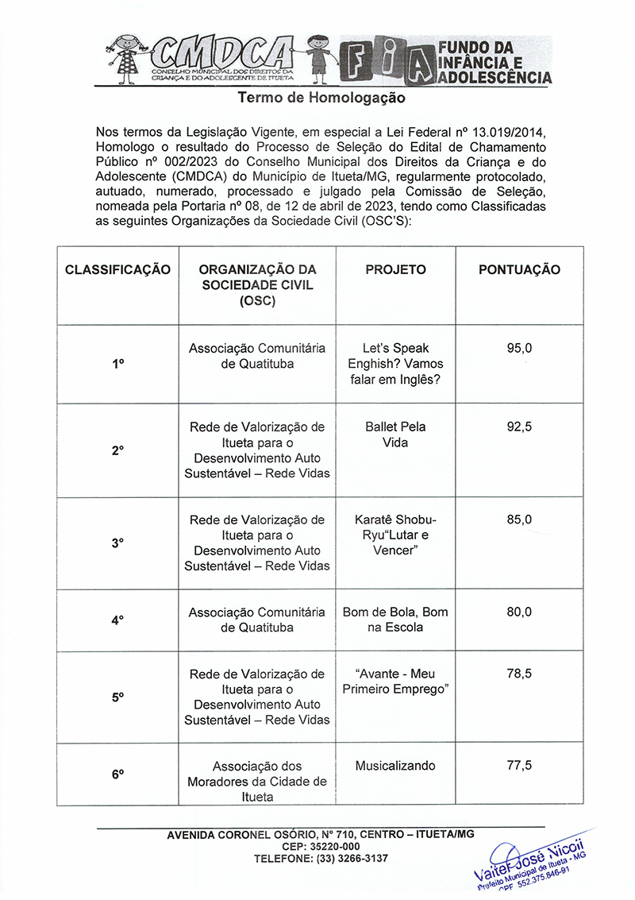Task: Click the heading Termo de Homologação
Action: click(x=321, y=98)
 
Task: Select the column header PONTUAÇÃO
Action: click(x=519, y=269)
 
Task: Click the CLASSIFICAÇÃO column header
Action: click(x=117, y=269)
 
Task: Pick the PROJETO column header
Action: click(x=395, y=269)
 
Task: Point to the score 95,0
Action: click(x=519, y=348)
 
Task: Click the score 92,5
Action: click(x=519, y=427)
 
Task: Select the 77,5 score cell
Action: click(x=519, y=766)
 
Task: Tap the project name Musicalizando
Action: click(x=395, y=766)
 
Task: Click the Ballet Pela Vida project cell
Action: click(x=395, y=435)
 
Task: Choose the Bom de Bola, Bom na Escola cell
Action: click(x=395, y=620)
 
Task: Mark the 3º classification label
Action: click(x=117, y=543)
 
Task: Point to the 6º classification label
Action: click(x=117, y=774)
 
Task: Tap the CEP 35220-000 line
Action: click(x=321, y=847)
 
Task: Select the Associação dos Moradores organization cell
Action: click(x=257, y=782)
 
